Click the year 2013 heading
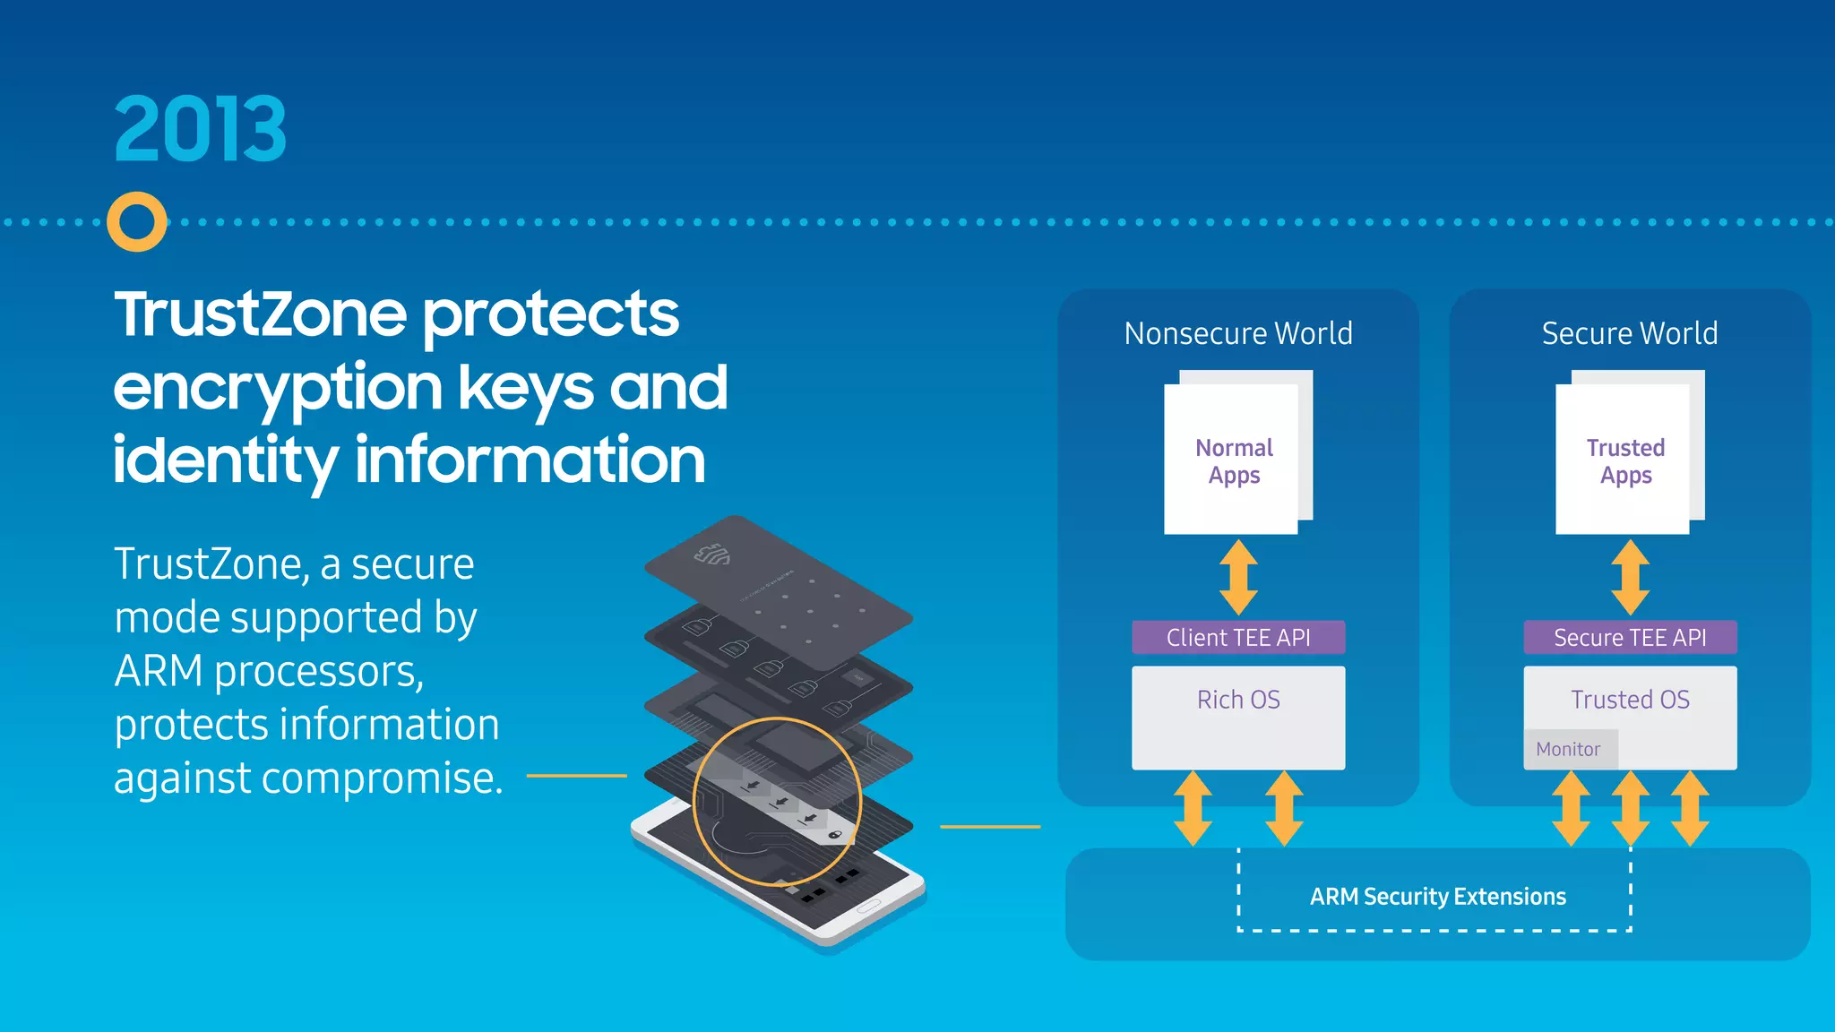(x=200, y=129)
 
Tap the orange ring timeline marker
(x=137, y=222)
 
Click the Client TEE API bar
(x=1237, y=638)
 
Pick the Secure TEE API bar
(x=1629, y=638)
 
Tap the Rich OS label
(x=1238, y=700)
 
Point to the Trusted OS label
(x=1630, y=700)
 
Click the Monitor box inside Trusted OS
(x=1569, y=750)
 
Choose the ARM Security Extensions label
(x=1437, y=897)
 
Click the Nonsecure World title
(x=1238, y=333)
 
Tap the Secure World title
(x=1630, y=333)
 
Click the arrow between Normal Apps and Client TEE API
(x=1238, y=577)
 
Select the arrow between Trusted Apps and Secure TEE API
(x=1630, y=577)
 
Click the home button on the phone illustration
(x=868, y=907)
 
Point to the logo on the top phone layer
(x=713, y=556)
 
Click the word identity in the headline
(x=224, y=460)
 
